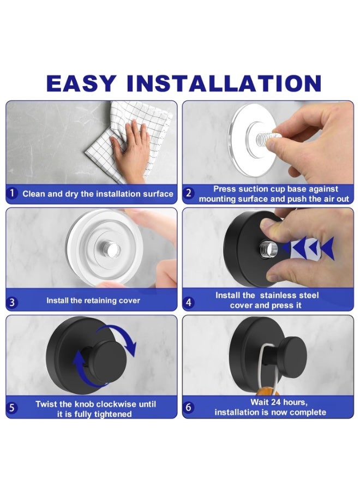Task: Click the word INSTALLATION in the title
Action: [x=224, y=83]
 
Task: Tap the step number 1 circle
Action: [x=12, y=193]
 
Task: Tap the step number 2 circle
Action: [x=188, y=193]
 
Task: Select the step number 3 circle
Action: [x=12, y=302]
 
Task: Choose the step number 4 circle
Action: [x=188, y=302]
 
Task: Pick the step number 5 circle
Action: [x=12, y=408]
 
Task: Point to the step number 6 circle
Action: [x=188, y=407]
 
